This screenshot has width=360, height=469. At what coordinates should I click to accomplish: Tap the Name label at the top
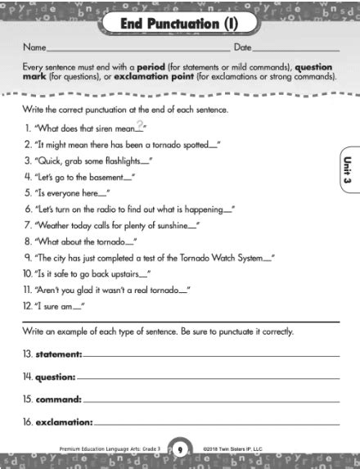pos(34,48)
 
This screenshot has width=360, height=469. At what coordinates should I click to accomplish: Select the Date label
pos(243,48)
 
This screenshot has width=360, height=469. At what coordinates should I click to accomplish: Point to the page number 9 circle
pos(179,449)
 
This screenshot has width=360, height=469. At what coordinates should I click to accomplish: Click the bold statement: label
pos(59,354)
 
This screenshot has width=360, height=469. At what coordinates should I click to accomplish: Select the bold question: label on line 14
pos(56,377)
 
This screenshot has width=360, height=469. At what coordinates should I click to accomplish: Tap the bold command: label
pos(58,400)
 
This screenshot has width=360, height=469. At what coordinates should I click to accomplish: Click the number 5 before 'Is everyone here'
pos(28,195)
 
